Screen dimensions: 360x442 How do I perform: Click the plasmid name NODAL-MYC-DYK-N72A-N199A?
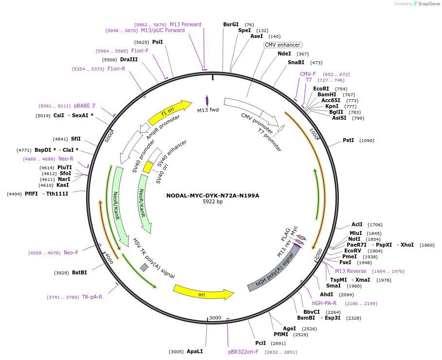tap(212, 196)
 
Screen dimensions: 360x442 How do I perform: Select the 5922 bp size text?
tap(212, 202)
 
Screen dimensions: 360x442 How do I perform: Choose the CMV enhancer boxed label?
tap(282, 45)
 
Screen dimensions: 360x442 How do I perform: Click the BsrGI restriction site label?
tap(231, 24)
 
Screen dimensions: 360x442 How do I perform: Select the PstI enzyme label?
tap(348, 140)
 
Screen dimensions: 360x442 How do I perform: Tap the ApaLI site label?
tap(195, 351)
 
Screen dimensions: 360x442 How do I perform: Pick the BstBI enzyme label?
tap(79, 272)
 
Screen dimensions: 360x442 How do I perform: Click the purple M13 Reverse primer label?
tap(351, 271)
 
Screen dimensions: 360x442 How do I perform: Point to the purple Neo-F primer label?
tap(71, 252)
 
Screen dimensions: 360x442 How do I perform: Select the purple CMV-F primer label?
tap(308, 74)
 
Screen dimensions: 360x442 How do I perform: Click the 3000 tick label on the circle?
tap(215, 318)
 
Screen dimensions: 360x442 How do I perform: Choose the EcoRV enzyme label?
tap(353, 251)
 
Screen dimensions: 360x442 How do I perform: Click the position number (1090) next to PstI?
tap(367, 141)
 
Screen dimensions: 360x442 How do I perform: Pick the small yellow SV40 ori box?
tap(148, 167)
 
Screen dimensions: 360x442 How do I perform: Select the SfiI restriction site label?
tap(76, 139)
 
